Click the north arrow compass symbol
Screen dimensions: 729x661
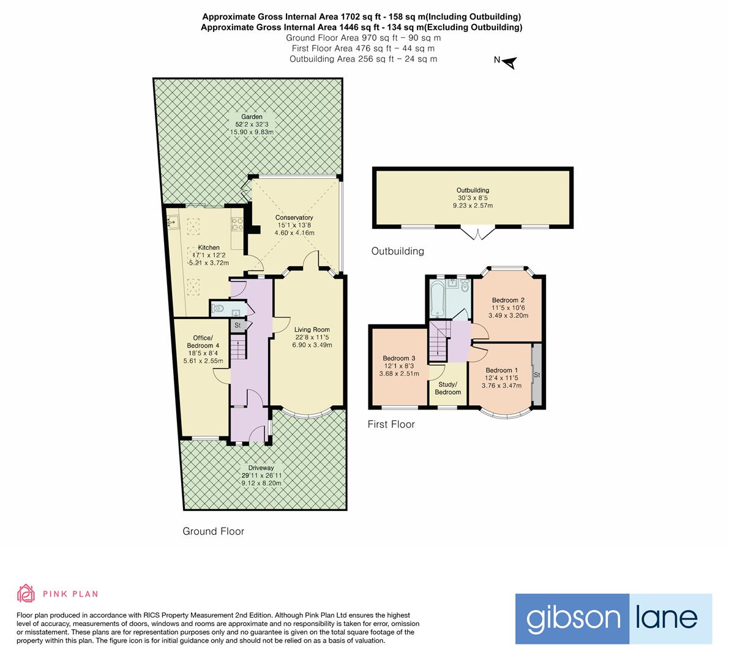point(510,62)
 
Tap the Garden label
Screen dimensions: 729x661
point(252,117)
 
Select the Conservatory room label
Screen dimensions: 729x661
point(294,217)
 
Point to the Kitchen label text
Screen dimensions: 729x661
point(208,247)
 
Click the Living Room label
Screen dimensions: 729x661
point(312,329)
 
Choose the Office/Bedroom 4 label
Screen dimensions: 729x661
point(203,342)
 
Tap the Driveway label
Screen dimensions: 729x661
point(261,468)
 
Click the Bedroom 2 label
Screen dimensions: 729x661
point(508,301)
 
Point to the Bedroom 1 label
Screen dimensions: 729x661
point(502,370)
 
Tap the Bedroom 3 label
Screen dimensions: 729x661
point(399,359)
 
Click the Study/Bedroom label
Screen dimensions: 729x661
point(447,388)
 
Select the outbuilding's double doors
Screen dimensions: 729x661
point(477,233)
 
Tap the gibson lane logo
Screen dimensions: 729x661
point(613,619)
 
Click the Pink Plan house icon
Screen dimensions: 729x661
point(26,594)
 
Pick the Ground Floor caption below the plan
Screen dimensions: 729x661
point(213,531)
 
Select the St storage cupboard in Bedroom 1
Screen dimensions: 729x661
point(537,374)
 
